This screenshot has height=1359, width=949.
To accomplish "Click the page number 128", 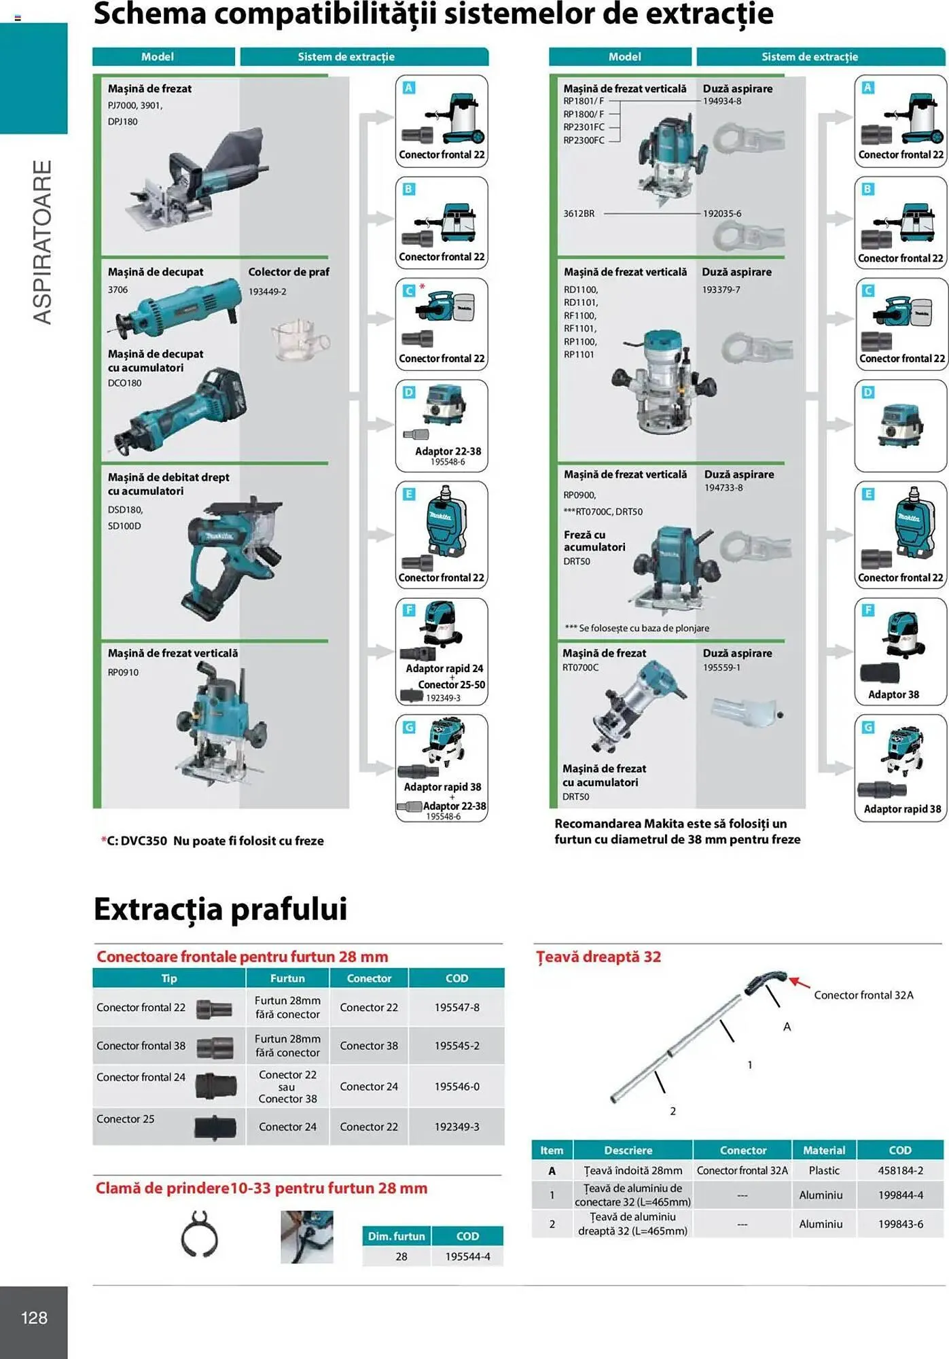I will coord(34,1318).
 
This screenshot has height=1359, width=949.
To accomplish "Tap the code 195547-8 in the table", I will coord(456,1007).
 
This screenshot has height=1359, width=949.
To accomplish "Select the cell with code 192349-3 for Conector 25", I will coord(456,1127).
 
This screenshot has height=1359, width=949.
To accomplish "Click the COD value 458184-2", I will coord(900,1170).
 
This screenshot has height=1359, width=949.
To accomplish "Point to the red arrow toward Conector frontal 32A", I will coord(800,983).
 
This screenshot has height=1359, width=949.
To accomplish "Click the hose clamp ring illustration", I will coord(199,1234).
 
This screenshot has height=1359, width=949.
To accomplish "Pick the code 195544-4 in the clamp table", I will coord(467,1256).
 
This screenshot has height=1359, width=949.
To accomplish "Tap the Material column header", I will coord(823,1150).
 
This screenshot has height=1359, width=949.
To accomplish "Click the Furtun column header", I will coord(287,978).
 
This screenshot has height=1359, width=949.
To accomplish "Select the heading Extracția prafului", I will coord(220,909).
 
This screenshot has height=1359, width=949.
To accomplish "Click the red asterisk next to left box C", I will coord(422,286).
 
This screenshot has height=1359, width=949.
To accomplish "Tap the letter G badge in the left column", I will coord(409,727).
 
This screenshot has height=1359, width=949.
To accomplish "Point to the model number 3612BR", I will coord(579,213).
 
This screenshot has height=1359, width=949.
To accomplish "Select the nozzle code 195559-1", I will coord(721,667).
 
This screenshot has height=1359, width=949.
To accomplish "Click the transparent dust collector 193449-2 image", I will coord(300,338).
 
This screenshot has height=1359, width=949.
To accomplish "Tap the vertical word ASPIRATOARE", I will coord(42,243).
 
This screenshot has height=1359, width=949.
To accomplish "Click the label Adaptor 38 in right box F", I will coord(893,694).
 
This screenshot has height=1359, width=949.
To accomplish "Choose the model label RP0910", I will coord(123,672).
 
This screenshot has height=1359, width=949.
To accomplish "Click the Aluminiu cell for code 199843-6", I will coord(821,1224).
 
